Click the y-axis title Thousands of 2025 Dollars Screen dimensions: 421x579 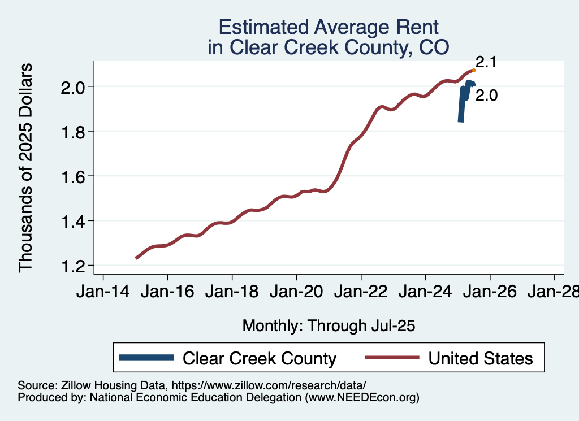tap(26, 168)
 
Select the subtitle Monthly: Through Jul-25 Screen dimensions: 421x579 tap(329, 325)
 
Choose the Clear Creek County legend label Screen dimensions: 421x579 tap(260, 358)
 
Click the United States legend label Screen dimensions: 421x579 tap(481, 358)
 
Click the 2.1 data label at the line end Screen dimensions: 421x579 tap(486, 63)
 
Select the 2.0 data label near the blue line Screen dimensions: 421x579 tap(486, 96)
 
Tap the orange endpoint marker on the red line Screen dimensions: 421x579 tap(473, 71)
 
